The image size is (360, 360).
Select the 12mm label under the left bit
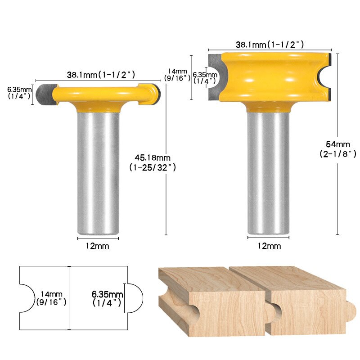click(98, 246)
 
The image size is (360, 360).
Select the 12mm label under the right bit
click(269, 246)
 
